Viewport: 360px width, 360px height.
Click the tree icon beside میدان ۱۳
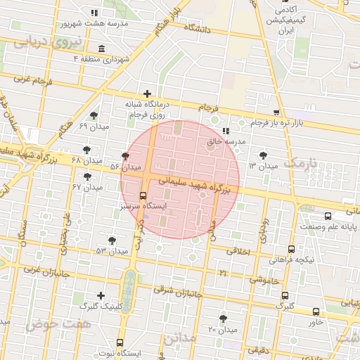click(x=263, y=155)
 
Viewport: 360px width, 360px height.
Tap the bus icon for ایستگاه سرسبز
click(x=143, y=195)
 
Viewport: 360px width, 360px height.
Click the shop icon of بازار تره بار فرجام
click(x=276, y=112)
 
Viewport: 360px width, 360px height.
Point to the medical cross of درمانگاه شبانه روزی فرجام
click(x=147, y=94)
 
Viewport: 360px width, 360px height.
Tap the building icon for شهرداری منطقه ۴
click(x=103, y=49)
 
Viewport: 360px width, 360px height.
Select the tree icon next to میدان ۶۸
click(x=86, y=149)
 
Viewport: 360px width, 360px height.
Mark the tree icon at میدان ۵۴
click(x=126, y=156)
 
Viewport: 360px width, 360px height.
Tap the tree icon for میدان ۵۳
click(x=112, y=240)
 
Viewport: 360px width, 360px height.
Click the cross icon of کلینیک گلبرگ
click(x=101, y=296)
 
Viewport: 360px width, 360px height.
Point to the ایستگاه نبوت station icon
click(x=120, y=342)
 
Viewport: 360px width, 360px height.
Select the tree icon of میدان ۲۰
click(x=224, y=319)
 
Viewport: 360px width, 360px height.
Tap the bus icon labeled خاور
click(x=316, y=312)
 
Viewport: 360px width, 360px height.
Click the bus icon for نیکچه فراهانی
click(x=291, y=249)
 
